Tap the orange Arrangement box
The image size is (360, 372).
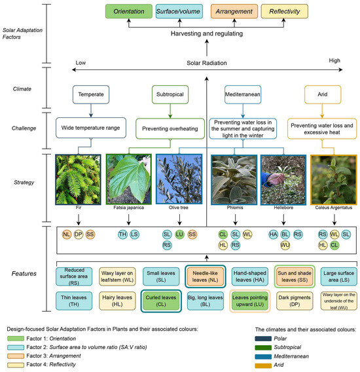coord(228,11)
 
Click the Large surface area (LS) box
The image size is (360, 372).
coord(334,275)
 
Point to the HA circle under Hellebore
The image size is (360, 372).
coord(273,234)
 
